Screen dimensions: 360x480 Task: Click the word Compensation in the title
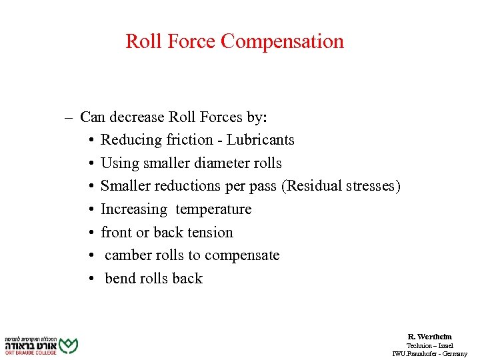282,41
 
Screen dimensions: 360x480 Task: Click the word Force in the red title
193,41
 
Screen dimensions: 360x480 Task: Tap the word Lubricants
260,140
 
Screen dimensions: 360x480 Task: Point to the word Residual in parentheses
311,186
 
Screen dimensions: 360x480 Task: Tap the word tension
211,233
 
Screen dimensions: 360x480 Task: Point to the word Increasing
134,209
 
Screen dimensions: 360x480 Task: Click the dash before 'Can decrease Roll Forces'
69,117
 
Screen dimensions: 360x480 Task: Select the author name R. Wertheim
429,337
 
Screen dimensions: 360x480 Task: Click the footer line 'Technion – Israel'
429,345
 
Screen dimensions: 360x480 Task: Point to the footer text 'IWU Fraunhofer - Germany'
429,353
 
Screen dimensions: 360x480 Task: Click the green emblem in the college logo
68,345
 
